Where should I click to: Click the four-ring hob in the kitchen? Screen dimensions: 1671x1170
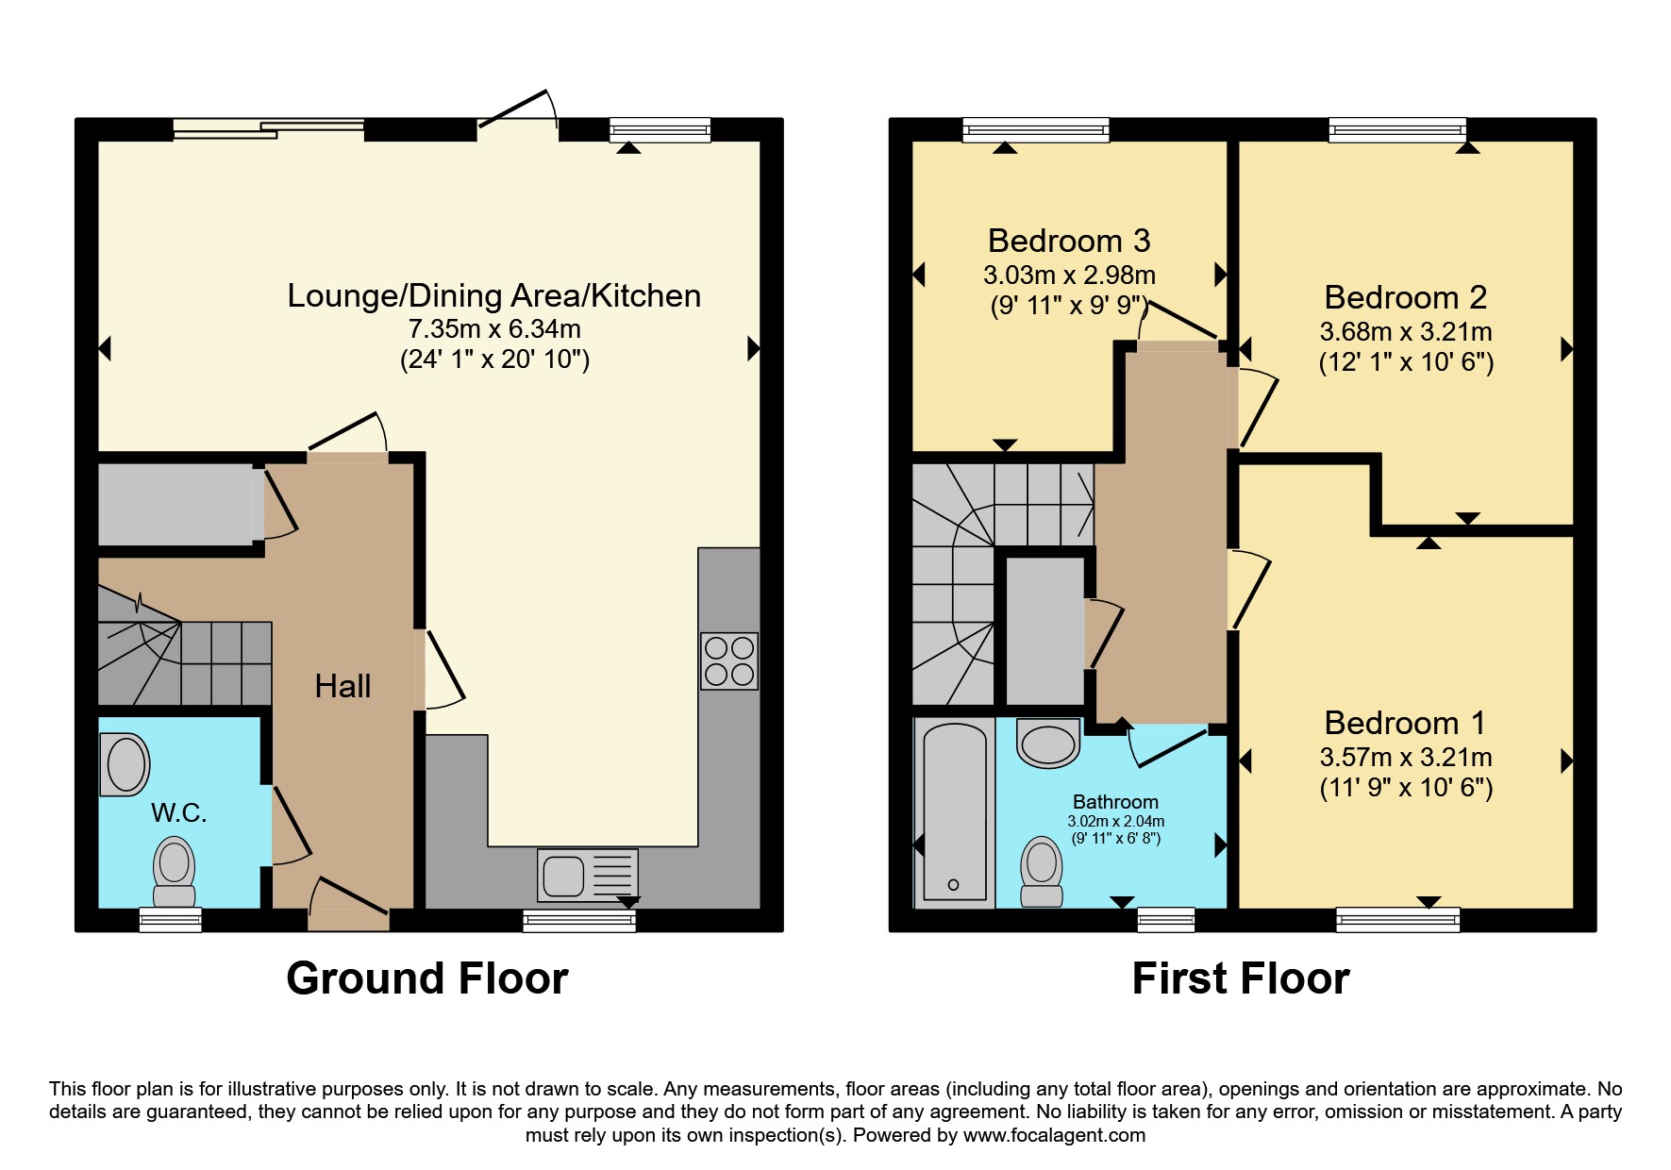[x=729, y=660]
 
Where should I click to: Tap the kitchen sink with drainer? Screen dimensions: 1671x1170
[x=588, y=875]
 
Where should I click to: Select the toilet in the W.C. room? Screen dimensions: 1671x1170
[x=175, y=872]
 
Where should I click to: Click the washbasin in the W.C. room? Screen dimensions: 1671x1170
[x=125, y=764]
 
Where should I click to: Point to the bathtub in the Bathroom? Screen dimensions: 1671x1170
[x=954, y=812]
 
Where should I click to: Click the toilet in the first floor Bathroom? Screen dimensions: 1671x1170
[x=1042, y=871]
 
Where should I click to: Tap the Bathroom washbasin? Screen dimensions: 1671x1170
[x=1048, y=744]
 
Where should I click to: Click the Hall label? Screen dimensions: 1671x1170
[x=343, y=686]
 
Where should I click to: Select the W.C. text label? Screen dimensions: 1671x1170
[x=179, y=812]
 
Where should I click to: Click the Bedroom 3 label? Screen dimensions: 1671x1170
[x=1069, y=241]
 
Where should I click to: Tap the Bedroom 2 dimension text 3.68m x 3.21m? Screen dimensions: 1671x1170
[x=1406, y=332]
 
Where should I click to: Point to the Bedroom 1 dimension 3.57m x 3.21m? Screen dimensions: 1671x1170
[x=1406, y=758]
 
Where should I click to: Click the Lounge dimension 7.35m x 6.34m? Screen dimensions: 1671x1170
[x=494, y=329]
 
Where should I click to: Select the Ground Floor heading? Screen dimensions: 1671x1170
[x=427, y=978]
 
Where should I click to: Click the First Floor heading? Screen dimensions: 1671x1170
[x=1241, y=978]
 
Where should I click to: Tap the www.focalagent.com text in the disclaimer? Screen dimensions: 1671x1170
[x=1054, y=1135]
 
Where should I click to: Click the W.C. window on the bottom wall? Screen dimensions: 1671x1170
[x=171, y=920]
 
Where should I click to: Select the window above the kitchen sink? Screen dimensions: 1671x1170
[x=579, y=920]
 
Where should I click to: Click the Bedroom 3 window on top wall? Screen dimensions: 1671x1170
[x=1036, y=129]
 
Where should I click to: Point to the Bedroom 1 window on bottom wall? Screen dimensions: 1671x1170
[x=1398, y=920]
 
